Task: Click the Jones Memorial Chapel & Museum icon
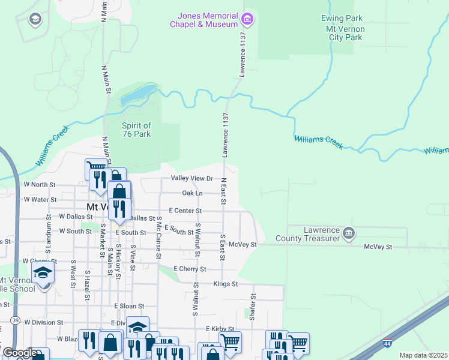point(247,20)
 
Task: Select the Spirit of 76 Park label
point(136,130)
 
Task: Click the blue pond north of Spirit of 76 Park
point(139,95)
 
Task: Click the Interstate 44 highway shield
point(388,344)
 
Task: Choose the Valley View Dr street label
point(192,178)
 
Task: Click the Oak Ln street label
point(192,193)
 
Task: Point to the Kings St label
point(226,283)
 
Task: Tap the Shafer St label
point(253,307)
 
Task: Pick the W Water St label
point(40,199)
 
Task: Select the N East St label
point(223,190)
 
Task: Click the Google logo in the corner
point(19,353)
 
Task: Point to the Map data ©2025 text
point(423,355)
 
